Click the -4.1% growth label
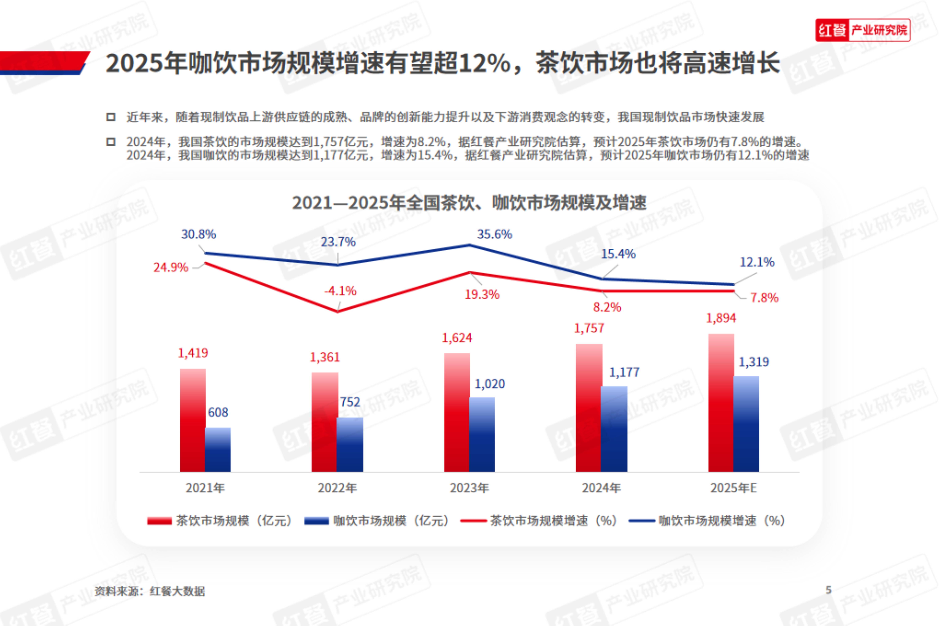click(340, 291)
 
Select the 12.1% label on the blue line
click(757, 262)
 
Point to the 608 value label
click(218, 412)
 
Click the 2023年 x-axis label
click(470, 488)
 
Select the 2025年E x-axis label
click(733, 488)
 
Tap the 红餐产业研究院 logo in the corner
click(863, 30)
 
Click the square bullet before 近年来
click(111, 117)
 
